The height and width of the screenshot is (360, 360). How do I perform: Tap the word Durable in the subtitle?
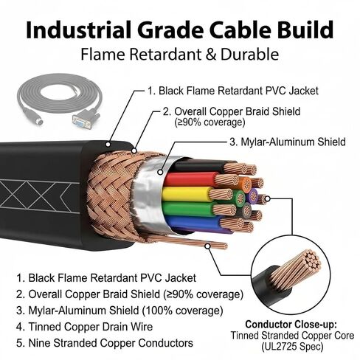tap(249, 55)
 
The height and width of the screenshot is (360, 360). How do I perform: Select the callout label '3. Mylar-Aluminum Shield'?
tap(288, 142)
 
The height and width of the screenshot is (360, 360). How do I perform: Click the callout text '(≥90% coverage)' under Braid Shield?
tap(210, 122)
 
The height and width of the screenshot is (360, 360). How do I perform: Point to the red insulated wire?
tap(190, 179)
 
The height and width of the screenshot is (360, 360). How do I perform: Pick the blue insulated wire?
tap(194, 223)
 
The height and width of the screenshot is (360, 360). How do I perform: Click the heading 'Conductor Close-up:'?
tap(291, 325)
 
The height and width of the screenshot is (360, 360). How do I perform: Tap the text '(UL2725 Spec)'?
tap(292, 347)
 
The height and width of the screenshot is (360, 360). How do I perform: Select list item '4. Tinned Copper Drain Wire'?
tap(84, 327)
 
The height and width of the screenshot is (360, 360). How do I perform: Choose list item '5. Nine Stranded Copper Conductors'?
tap(105, 343)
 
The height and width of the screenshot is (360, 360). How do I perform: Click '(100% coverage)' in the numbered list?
tap(182, 311)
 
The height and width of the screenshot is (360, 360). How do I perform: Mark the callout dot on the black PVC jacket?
tap(108, 145)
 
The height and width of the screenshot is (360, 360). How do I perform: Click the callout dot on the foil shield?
tap(160, 173)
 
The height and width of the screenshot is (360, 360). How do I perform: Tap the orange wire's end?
tap(245, 183)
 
